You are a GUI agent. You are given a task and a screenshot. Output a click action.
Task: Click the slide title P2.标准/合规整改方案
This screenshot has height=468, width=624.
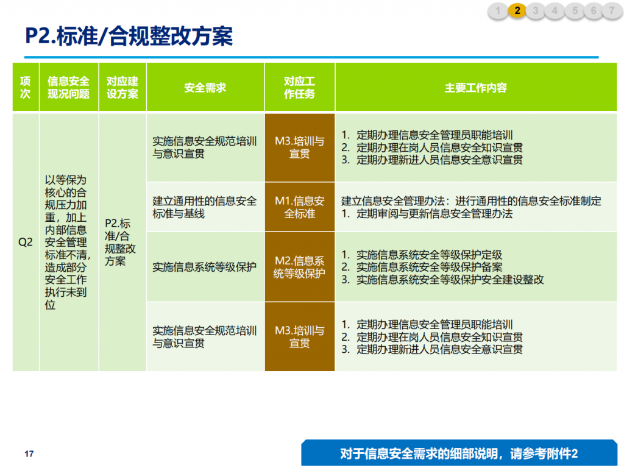click(129, 36)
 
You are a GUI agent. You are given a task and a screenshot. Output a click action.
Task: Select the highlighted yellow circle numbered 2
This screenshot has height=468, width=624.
click(517, 11)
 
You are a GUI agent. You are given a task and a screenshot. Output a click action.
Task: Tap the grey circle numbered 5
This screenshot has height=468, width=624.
click(575, 11)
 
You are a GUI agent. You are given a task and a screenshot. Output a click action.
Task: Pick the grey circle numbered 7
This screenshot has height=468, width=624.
click(612, 11)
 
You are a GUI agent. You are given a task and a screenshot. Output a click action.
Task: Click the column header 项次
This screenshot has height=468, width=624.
click(26, 87)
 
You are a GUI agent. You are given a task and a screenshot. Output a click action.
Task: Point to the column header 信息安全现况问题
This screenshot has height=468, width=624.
click(69, 87)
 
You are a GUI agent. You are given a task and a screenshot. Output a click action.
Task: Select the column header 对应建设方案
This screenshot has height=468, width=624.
click(122, 87)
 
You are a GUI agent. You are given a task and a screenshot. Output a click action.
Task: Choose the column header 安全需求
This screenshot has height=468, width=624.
click(205, 87)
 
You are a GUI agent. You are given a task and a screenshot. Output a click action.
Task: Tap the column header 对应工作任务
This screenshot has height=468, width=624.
click(300, 87)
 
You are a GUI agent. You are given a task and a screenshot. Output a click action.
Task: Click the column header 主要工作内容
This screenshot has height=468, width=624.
click(476, 87)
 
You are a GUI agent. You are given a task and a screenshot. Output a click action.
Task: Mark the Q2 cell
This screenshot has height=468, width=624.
click(26, 243)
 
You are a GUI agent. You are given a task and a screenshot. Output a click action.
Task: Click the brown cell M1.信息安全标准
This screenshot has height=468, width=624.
click(300, 207)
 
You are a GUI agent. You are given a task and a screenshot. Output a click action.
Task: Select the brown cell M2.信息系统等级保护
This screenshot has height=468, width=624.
click(300, 267)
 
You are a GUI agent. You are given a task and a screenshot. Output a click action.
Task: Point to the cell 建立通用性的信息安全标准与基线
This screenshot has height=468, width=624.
click(205, 207)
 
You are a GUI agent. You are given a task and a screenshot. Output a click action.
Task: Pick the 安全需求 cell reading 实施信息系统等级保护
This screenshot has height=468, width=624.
click(205, 267)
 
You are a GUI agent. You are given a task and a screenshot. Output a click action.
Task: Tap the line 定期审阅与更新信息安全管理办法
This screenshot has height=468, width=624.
click(427, 214)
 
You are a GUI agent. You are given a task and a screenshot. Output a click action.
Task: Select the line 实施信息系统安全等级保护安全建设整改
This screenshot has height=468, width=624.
click(442, 280)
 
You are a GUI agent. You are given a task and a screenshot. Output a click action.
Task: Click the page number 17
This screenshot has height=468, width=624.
click(29, 453)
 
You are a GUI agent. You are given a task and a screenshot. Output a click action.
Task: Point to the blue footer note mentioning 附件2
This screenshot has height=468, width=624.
click(459, 453)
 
